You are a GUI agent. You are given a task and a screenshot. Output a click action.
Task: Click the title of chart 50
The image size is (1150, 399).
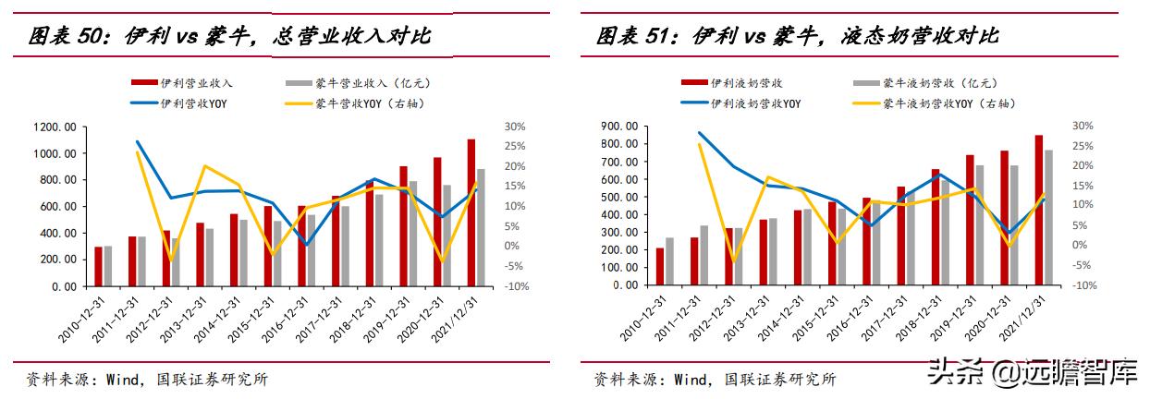pos(229,38)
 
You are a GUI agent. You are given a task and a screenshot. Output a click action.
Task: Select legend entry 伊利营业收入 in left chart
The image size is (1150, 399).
pos(184,83)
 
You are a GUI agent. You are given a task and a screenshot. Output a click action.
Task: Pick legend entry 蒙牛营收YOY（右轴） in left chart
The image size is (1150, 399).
pos(370,103)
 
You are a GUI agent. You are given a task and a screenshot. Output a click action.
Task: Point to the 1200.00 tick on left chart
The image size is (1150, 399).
pos(56,127)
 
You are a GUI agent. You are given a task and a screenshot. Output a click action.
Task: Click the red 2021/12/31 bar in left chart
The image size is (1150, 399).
pos(471,212)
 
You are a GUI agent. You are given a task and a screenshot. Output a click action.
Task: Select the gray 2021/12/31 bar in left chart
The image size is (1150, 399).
pos(481,227)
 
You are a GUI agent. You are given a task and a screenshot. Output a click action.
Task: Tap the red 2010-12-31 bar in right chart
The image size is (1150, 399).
pos(660,267)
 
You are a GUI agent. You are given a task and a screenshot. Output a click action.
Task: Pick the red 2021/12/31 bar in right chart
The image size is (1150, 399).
pos(1039,211)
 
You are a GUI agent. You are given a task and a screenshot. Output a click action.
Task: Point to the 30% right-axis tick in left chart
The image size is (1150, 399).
pos(515,127)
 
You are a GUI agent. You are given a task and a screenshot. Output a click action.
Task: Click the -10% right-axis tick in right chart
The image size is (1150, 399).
pos(1083,285)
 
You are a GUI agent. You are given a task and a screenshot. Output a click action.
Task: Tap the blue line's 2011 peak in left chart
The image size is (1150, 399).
pos(138,142)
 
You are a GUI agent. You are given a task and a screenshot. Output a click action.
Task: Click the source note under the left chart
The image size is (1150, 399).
pos(147,380)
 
